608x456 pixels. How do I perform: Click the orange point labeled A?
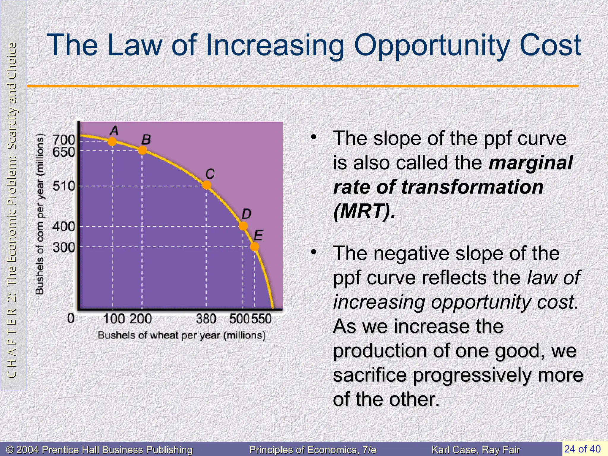[x=112, y=141]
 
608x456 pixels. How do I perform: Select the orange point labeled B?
[x=142, y=150]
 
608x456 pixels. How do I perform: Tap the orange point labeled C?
[x=207, y=185]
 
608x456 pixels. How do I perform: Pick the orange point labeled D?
[x=243, y=226]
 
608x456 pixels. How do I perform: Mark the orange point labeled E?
[x=254, y=246]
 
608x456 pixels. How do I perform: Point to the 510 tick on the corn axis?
[x=63, y=186]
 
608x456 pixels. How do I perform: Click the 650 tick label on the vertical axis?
[x=63, y=152]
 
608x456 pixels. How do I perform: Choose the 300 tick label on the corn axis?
[x=63, y=247]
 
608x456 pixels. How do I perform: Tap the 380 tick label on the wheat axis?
[x=206, y=319]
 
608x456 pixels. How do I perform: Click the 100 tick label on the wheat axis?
[x=114, y=319]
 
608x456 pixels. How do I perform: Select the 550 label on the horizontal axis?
[x=262, y=319]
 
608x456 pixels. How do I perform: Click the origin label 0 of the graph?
[x=71, y=318]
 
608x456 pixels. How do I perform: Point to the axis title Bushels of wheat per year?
[x=181, y=335]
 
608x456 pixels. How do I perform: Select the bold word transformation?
[x=472, y=187]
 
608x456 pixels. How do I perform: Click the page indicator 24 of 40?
[x=582, y=449]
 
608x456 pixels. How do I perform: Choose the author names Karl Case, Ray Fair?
[x=476, y=450]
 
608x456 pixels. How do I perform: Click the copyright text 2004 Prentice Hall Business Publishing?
[x=99, y=450]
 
